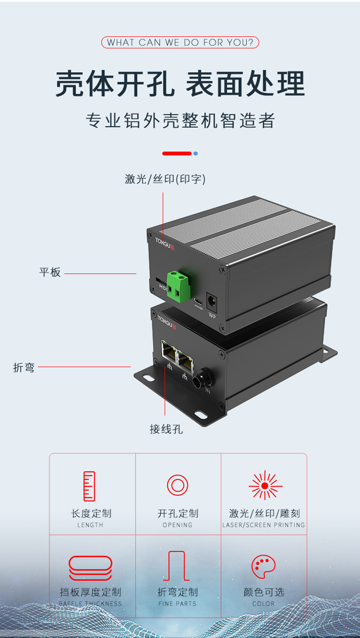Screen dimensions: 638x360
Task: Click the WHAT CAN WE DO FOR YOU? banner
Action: (x=180, y=43)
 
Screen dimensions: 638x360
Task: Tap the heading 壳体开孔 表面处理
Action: (x=180, y=84)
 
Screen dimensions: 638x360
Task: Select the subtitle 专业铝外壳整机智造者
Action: (x=180, y=121)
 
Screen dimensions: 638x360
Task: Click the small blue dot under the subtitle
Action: (x=195, y=154)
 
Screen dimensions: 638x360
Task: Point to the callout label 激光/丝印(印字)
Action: (x=165, y=179)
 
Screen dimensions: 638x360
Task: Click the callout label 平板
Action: (x=50, y=273)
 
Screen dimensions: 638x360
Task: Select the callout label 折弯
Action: (x=24, y=367)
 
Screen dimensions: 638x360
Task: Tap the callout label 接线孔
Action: (x=166, y=429)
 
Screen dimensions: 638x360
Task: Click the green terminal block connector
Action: (x=178, y=285)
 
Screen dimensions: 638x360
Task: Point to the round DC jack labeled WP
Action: (x=212, y=300)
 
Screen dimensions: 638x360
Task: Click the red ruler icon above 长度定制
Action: (x=89, y=486)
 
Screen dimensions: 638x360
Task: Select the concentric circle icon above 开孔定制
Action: (x=177, y=485)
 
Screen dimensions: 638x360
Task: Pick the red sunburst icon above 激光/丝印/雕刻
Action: (x=265, y=485)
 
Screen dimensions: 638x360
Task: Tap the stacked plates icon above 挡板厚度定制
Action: (x=90, y=568)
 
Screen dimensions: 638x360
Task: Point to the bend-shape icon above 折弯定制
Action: (x=177, y=566)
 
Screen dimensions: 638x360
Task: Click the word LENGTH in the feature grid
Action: (x=90, y=525)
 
